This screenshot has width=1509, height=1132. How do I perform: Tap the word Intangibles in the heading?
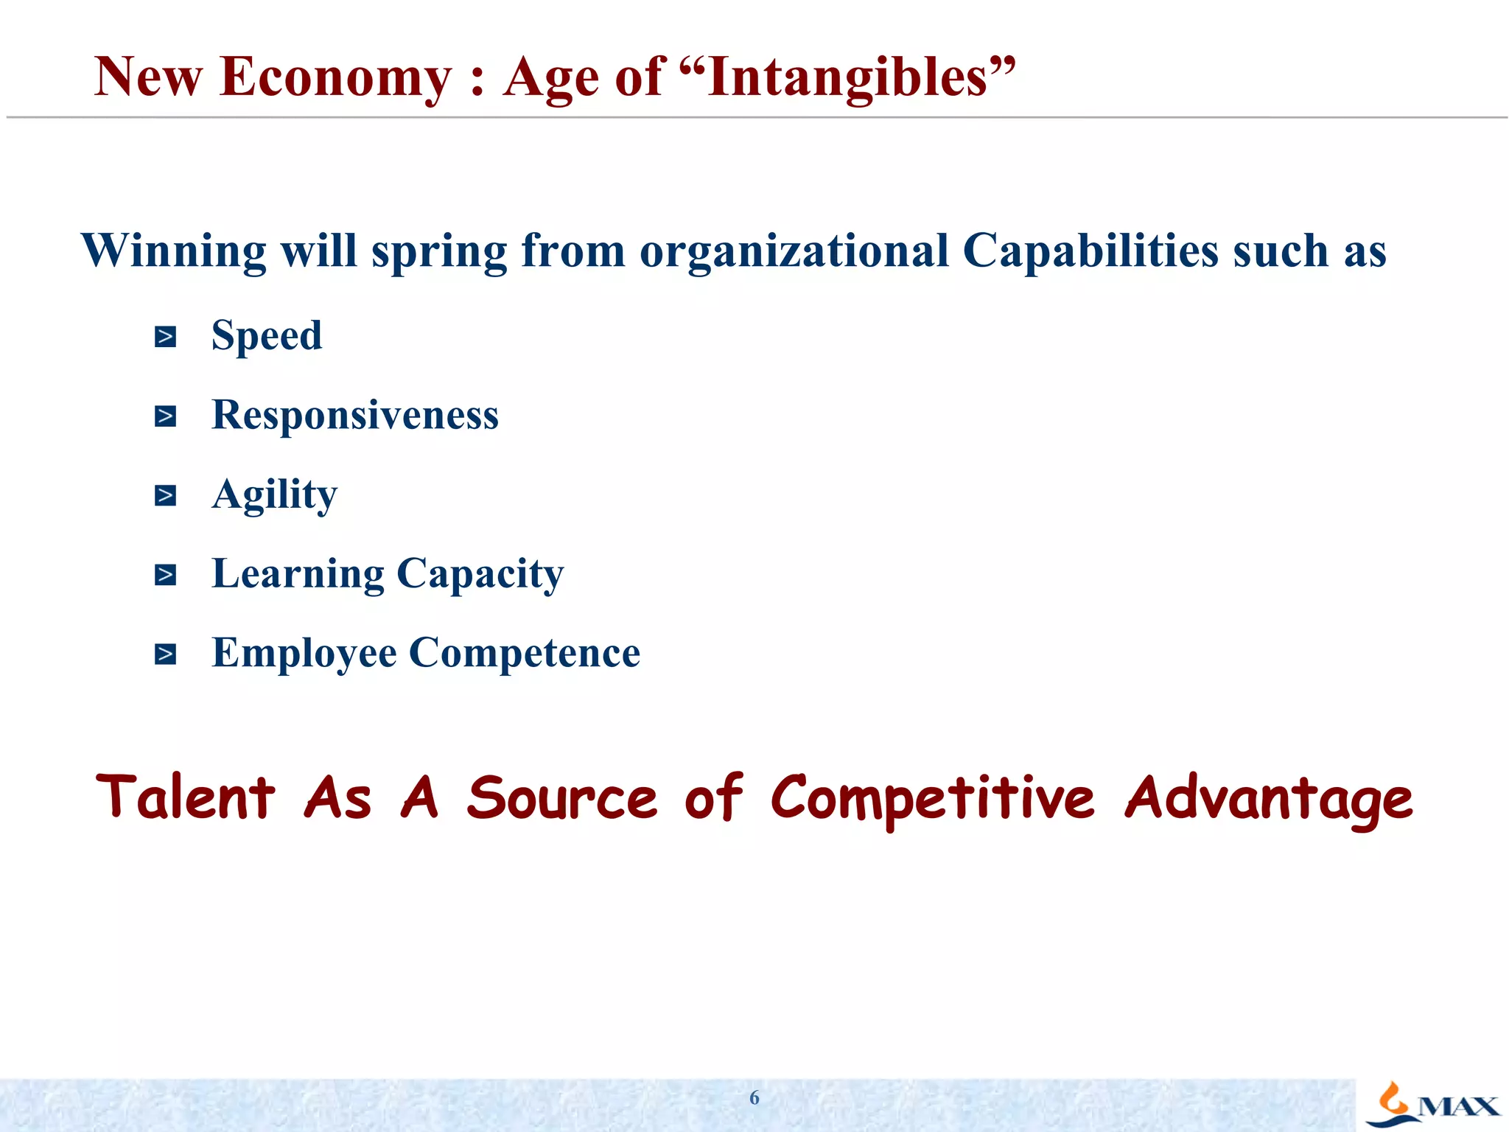pos(847,77)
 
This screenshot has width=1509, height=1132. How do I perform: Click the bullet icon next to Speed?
pos(165,338)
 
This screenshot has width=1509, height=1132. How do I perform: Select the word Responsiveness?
pos(355,415)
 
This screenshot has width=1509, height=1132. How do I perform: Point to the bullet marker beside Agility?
pos(165,496)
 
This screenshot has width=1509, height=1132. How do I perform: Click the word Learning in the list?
pos(298,574)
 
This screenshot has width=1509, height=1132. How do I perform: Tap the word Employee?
pos(304,654)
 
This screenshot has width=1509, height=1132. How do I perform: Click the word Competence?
pos(525,654)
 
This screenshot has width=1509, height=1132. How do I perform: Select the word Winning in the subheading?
pos(174,251)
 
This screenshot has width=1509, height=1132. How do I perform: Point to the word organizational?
pos(794,251)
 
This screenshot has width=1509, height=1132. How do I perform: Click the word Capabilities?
pos(1090,251)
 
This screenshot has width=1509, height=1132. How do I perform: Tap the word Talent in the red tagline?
pos(186,797)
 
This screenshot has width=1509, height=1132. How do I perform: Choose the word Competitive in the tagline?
pos(933,800)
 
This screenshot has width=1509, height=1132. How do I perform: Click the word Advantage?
pos(1269,800)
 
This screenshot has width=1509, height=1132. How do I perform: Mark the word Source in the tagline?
pos(561,798)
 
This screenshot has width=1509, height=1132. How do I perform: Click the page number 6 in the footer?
pos(754,1098)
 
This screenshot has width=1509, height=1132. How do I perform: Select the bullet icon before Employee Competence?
pos(165,654)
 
